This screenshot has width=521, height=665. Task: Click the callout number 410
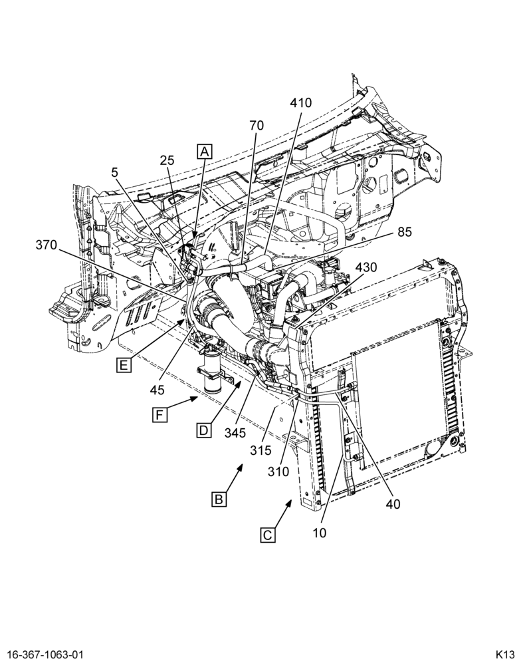pyautogui.click(x=300, y=102)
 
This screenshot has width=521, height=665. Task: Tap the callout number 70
pyautogui.click(x=257, y=126)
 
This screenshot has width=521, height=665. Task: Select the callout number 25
pyautogui.click(x=167, y=160)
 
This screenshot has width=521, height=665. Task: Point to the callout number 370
pyautogui.click(x=47, y=245)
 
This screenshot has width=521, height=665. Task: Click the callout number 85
pyautogui.click(x=405, y=232)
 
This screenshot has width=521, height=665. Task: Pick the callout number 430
pyautogui.click(x=366, y=267)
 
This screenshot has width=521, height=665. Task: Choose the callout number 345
pyautogui.click(x=235, y=433)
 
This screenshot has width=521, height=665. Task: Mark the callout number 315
pyautogui.click(x=260, y=450)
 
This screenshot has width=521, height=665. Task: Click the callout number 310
pyautogui.click(x=278, y=471)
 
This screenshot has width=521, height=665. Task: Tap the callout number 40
pyautogui.click(x=393, y=503)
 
